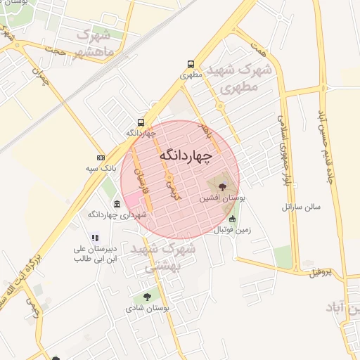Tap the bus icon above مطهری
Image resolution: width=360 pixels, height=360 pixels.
click(191, 63)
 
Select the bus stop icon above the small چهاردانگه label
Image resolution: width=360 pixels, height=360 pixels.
click(141, 122)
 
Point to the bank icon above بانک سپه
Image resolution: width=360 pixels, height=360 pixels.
click(101, 158)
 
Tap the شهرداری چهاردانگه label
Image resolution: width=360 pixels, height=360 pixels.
click(117, 214)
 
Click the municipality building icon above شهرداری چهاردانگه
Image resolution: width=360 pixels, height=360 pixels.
click(117, 205)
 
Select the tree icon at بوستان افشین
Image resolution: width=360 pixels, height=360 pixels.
click(222, 186)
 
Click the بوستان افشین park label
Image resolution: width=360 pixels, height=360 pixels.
click(223, 199)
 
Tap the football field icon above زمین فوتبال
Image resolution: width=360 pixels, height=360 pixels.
click(233, 219)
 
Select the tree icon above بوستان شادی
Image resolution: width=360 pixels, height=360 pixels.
click(147, 298)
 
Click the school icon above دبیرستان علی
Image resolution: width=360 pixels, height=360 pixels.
click(95, 238)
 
